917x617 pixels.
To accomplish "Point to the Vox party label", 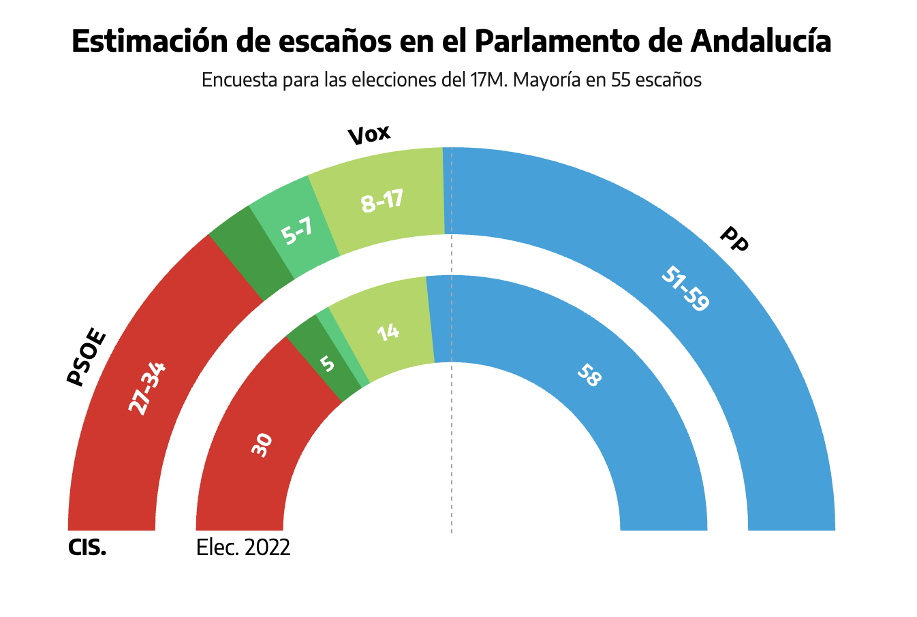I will click(369, 135).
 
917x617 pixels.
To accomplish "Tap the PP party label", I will click(734, 239).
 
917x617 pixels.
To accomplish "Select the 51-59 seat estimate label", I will click(685, 289).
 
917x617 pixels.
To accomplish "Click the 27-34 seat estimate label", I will click(146, 389).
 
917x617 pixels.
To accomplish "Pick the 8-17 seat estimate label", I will click(382, 201).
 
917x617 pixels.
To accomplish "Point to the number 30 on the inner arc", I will click(262, 444).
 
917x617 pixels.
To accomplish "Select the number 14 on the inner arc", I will click(388, 332).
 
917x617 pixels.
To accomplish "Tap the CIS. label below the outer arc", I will click(87, 548).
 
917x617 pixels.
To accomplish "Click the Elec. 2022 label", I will click(243, 548).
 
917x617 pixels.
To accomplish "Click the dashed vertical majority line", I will click(452, 443).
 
